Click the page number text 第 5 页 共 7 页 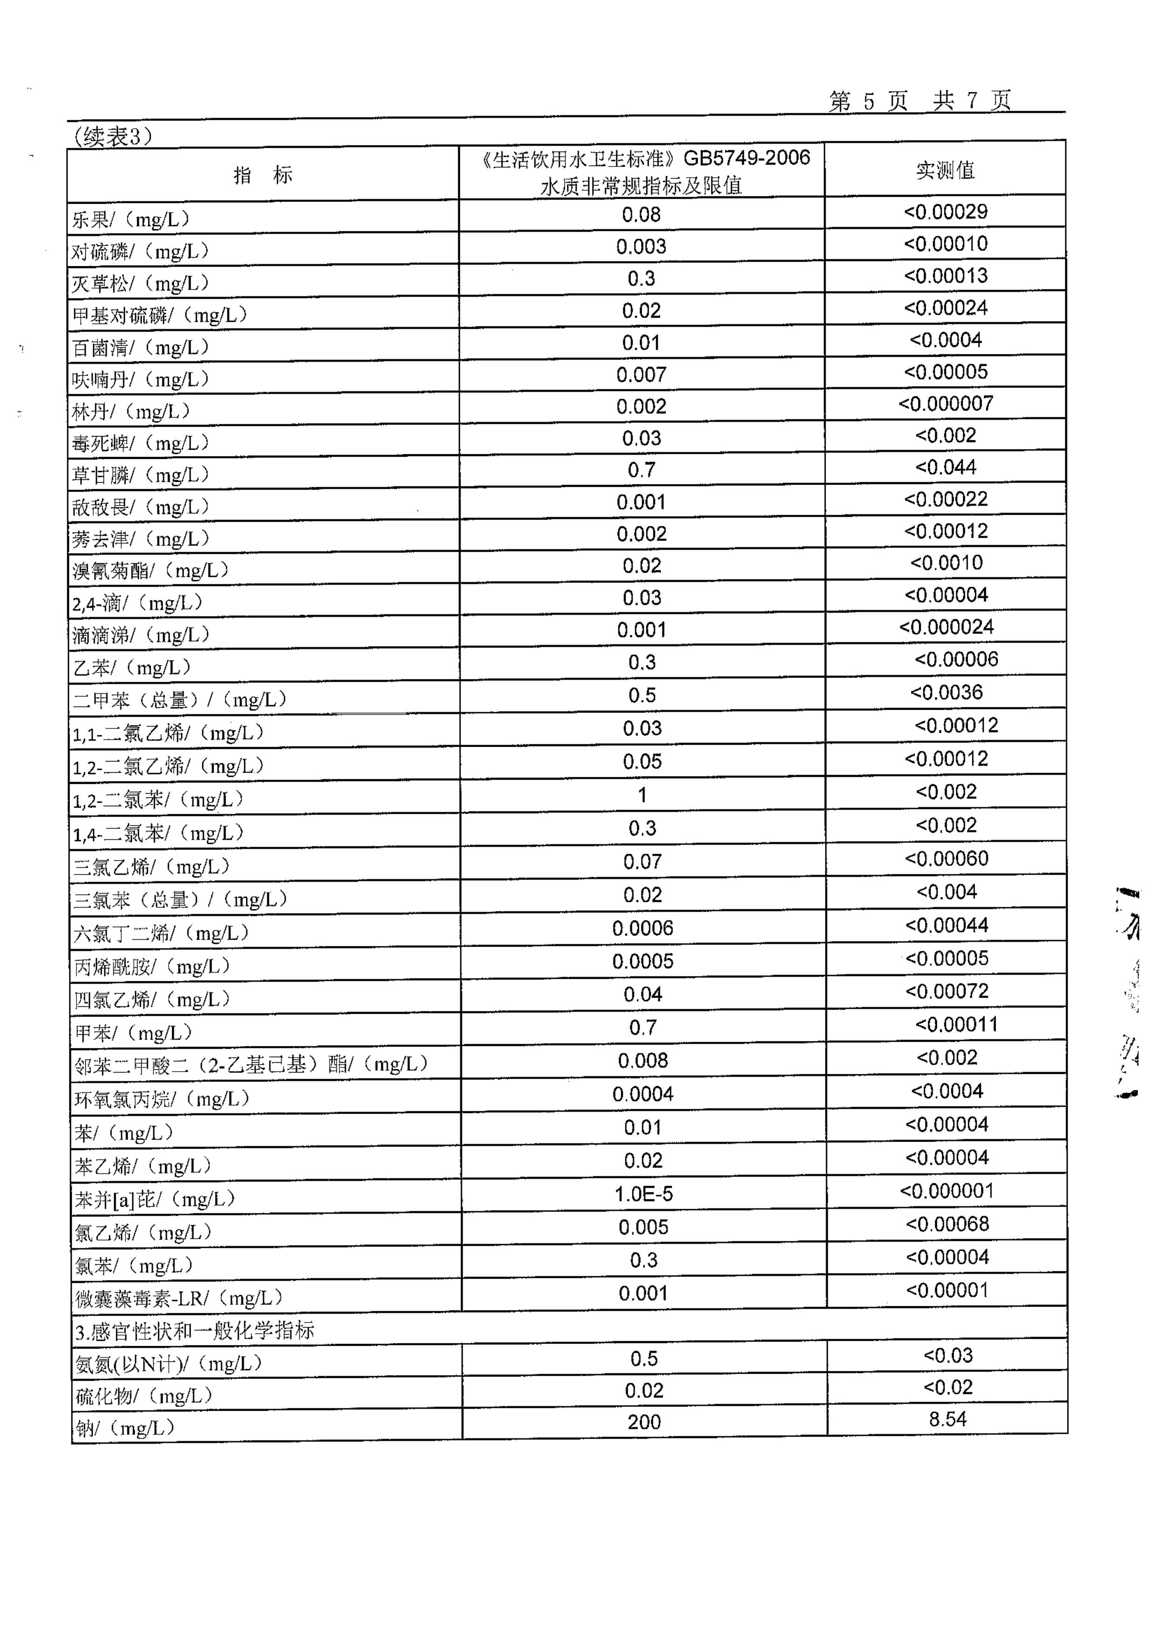[x=919, y=101]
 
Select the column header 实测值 [x=945, y=170]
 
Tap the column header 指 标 [x=263, y=175]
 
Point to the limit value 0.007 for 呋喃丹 [x=641, y=375]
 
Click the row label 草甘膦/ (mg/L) [x=140, y=475]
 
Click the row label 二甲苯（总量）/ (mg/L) [x=180, y=700]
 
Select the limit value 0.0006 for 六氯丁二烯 [x=643, y=928]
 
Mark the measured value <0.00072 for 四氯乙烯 [x=947, y=992]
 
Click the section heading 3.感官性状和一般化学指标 [x=194, y=1331]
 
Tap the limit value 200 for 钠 [x=644, y=1422]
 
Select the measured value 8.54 [x=948, y=1419]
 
